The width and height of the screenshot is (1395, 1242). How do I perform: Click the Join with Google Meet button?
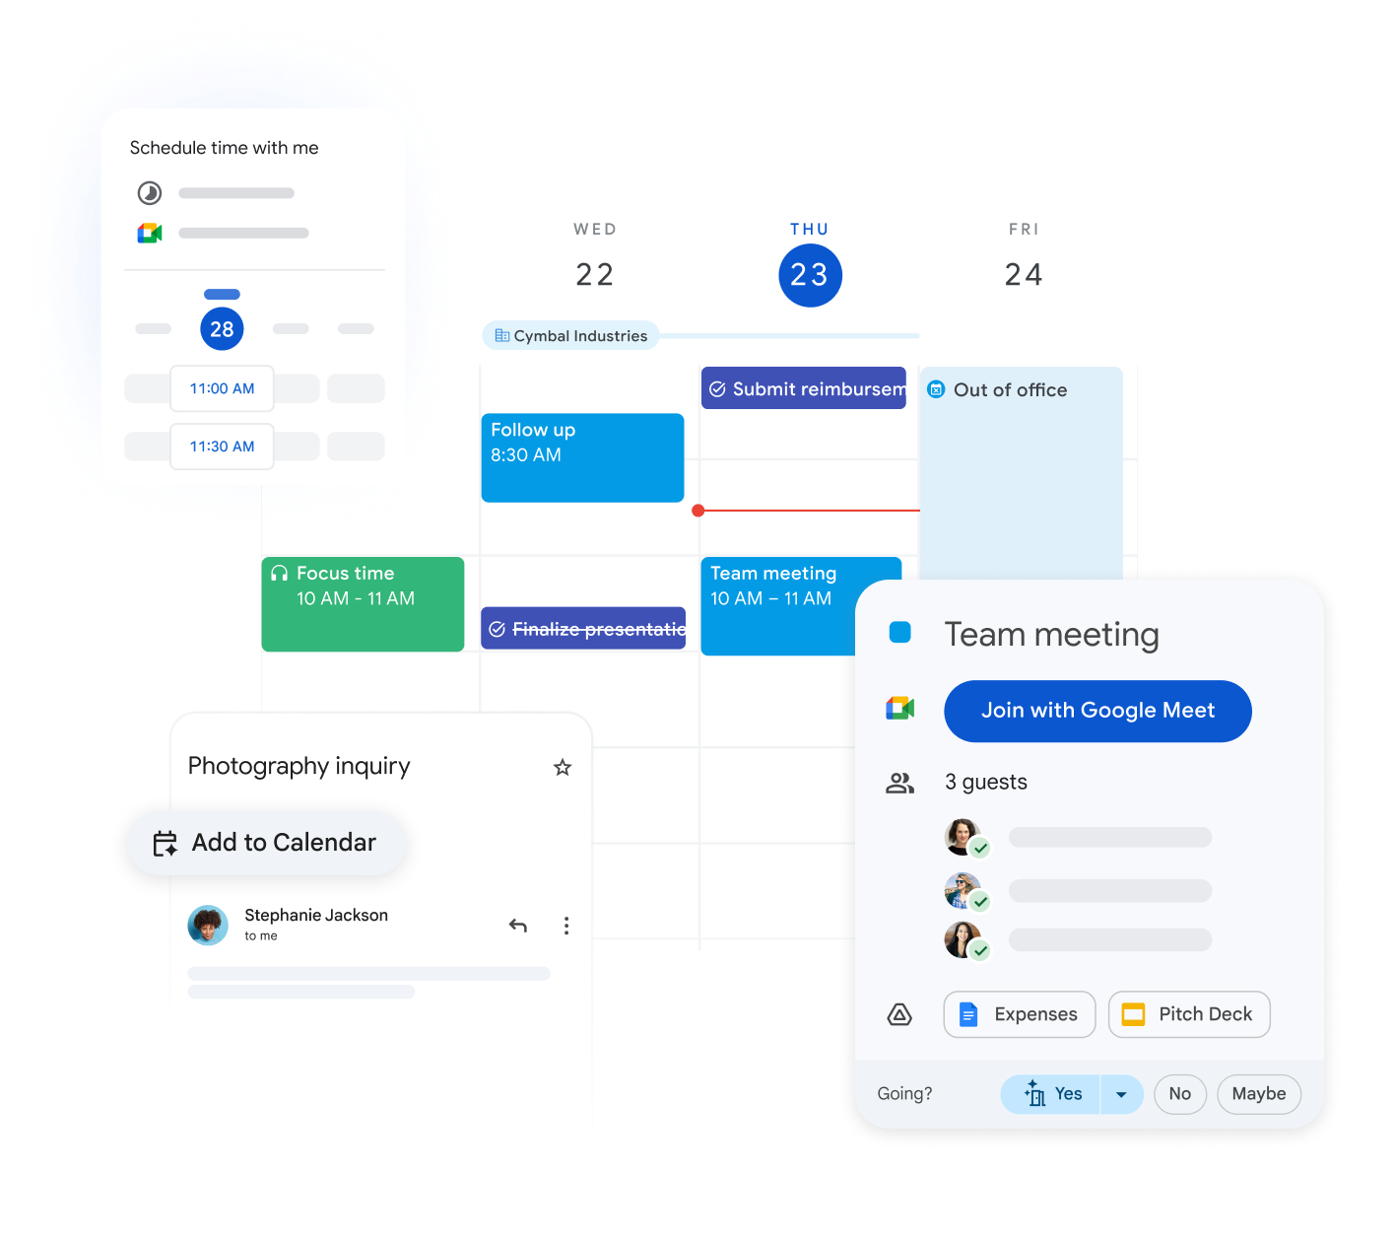pyautogui.click(x=1097, y=711)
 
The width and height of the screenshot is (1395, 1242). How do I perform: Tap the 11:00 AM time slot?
pyautogui.click(x=222, y=388)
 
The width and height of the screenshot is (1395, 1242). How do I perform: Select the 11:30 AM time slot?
pyautogui.click(x=222, y=447)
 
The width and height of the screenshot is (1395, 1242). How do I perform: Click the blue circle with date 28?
pyautogui.click(x=222, y=329)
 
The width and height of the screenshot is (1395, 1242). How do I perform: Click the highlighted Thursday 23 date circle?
pyautogui.click(x=810, y=275)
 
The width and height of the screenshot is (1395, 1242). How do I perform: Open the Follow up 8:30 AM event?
pyautogui.click(x=582, y=457)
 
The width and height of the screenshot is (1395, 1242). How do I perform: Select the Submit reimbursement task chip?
pyautogui.click(x=804, y=389)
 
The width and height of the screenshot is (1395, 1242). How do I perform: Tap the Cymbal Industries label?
pyautogui.click(x=570, y=336)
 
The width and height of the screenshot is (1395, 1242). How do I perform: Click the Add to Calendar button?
pyautogui.click(x=266, y=843)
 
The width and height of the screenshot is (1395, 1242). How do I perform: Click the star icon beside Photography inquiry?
pyautogui.click(x=563, y=767)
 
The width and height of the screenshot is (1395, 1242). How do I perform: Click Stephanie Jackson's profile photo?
pyautogui.click(x=208, y=925)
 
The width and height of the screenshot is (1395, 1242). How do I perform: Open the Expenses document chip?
pyautogui.click(x=1020, y=1014)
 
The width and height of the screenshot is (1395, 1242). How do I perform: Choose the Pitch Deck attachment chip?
pyautogui.click(x=1189, y=1014)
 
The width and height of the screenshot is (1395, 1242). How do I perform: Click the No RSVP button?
pyautogui.click(x=1179, y=1094)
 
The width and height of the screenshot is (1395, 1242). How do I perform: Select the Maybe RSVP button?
pyautogui.click(x=1258, y=1094)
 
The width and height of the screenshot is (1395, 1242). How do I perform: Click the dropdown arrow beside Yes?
pyautogui.click(x=1121, y=1094)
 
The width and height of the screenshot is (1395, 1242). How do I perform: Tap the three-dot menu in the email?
pyautogui.click(x=565, y=926)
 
